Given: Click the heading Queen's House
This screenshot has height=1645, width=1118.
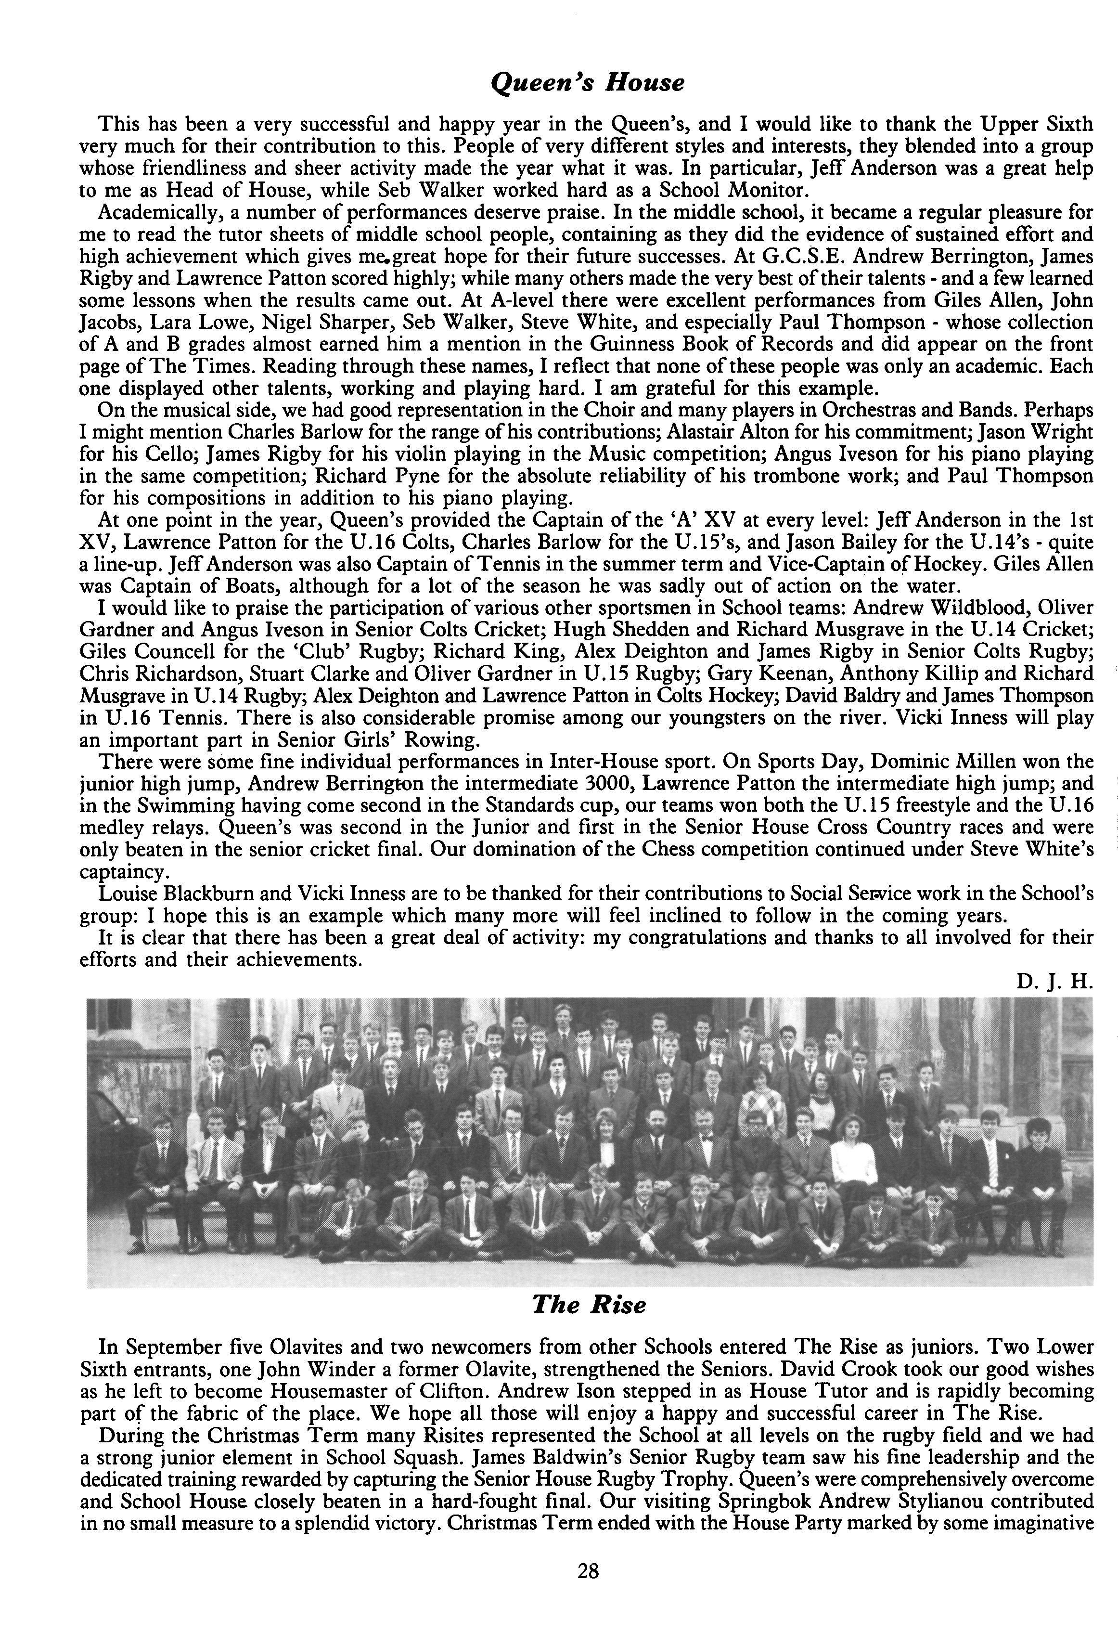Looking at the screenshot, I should [x=587, y=83].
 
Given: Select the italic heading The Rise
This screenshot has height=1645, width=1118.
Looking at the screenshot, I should [x=589, y=1303].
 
